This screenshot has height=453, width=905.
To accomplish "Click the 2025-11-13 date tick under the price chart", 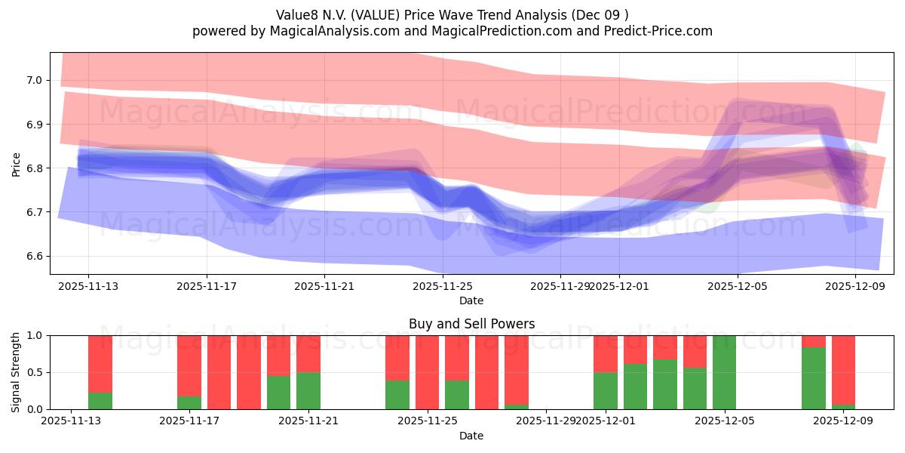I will [x=88, y=286].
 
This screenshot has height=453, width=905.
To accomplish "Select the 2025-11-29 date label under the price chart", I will [x=560, y=286].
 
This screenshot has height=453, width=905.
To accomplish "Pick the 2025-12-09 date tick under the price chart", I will [x=855, y=286].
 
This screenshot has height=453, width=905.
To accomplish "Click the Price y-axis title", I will [x=16, y=164].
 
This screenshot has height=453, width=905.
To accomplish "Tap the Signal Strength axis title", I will [x=16, y=372].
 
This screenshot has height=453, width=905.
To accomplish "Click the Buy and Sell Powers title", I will [x=471, y=324].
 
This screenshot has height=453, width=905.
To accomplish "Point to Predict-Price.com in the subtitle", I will [x=658, y=31].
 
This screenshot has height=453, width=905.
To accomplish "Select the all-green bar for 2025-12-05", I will [x=724, y=372].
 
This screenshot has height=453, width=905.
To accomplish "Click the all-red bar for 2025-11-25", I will [x=427, y=372].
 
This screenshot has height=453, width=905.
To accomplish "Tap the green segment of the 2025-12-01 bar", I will [x=606, y=390].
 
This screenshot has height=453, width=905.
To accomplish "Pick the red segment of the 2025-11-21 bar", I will [x=308, y=353].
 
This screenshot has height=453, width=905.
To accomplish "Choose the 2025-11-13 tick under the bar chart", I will [x=71, y=421].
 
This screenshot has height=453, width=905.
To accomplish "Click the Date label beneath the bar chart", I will [x=471, y=436].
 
